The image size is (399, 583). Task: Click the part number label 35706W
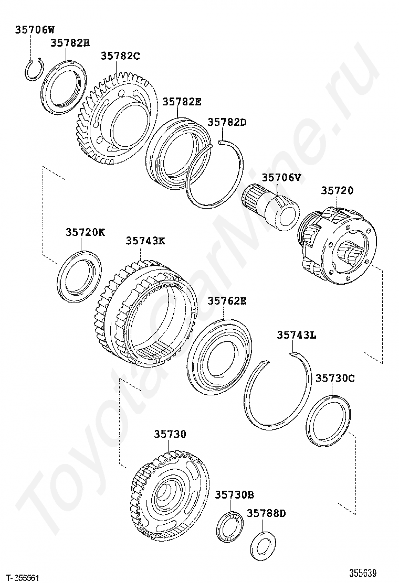click(x=35, y=29)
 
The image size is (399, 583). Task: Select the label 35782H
click(x=70, y=43)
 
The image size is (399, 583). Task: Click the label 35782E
click(x=182, y=102)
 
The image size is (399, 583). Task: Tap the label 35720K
click(x=86, y=232)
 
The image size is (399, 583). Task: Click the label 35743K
click(x=145, y=241)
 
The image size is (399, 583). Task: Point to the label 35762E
click(x=227, y=301)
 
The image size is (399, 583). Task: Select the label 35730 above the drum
click(x=171, y=434)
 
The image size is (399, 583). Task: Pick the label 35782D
click(x=227, y=122)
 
